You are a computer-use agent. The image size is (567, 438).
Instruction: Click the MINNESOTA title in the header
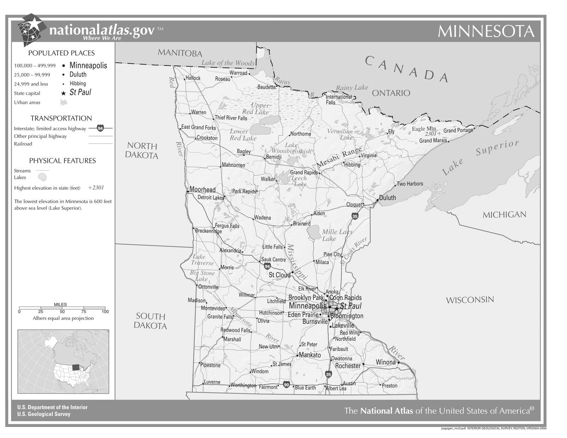(x=486, y=31)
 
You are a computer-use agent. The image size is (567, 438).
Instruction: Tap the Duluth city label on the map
(x=387, y=198)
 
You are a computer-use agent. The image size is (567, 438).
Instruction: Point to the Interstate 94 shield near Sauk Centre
(x=267, y=266)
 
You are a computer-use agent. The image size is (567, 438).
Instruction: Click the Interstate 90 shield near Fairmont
(x=286, y=384)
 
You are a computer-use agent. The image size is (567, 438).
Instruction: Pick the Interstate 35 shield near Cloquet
(x=355, y=216)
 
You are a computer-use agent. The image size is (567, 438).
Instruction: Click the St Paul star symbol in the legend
(x=63, y=94)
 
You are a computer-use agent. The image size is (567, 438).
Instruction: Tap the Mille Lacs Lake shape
(x=314, y=232)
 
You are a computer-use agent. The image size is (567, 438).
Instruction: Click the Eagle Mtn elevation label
(x=424, y=129)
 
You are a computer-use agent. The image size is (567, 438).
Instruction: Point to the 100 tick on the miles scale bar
(x=105, y=311)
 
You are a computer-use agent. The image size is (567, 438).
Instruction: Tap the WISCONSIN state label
(x=470, y=300)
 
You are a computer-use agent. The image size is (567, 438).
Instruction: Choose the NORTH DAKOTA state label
(x=141, y=151)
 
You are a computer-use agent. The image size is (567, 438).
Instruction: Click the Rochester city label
(x=348, y=366)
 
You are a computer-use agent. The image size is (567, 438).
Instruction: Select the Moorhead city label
(x=202, y=190)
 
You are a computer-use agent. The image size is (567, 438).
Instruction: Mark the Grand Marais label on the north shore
(x=433, y=141)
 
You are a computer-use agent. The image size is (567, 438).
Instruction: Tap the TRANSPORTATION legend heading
(x=61, y=118)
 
